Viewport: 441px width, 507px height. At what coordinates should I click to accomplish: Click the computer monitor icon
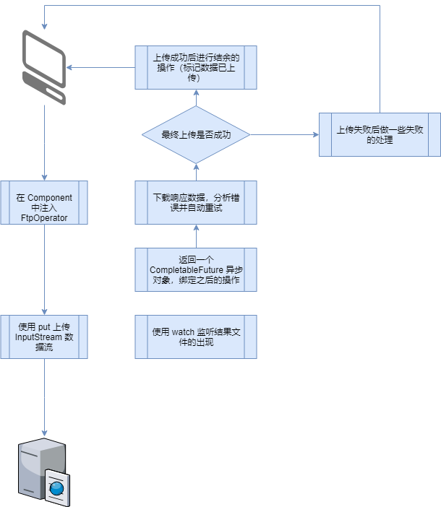pos(44,66)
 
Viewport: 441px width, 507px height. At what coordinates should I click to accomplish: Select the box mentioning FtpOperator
pos(44,202)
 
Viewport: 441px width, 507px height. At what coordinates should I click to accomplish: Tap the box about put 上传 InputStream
pos(44,337)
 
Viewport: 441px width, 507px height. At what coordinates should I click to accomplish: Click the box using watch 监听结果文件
pos(196,337)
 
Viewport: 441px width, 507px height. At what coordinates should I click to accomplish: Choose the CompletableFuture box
pos(196,269)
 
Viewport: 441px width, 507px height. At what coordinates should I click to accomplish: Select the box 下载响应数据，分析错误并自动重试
pos(196,202)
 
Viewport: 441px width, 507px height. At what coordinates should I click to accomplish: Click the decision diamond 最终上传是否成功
pos(195,134)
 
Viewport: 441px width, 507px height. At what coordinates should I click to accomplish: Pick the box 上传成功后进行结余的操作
pos(196,68)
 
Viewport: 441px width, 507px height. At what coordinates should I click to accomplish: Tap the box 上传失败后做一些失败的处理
pos(380,134)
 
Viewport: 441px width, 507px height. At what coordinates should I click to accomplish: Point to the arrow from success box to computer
pos(101,69)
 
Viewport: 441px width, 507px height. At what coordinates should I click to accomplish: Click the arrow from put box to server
pos(44,397)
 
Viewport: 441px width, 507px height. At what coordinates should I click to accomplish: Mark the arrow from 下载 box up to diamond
pos(196,172)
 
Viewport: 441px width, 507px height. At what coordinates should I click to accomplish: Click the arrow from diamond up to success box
pos(196,98)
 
